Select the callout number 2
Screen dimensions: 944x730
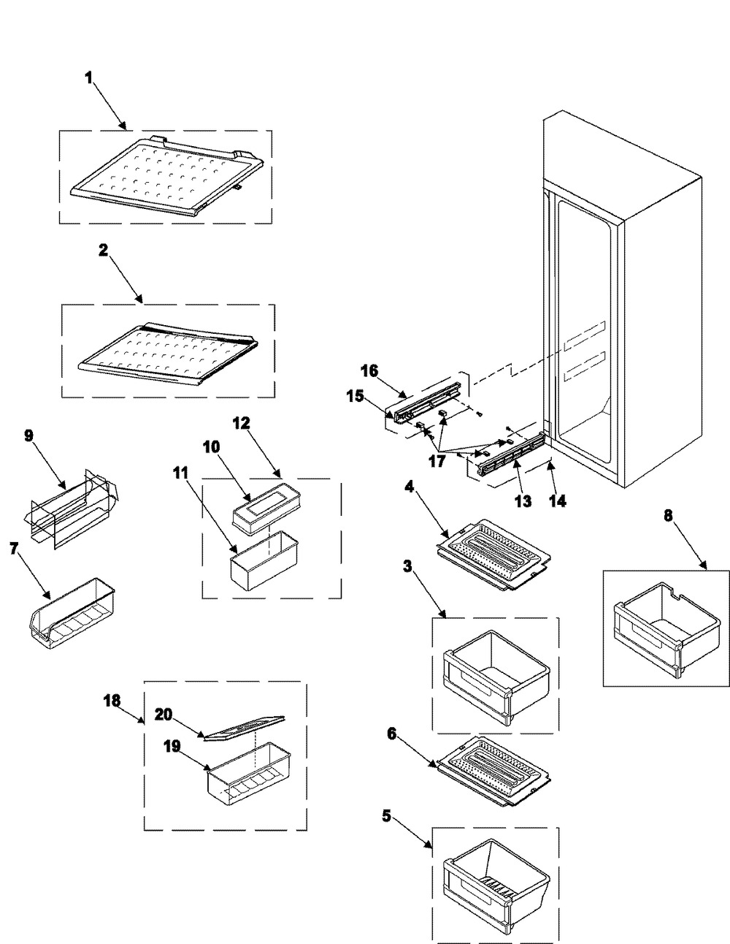pos(103,249)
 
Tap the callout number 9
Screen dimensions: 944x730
pos(28,435)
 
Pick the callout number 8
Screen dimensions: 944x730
pos(668,514)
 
